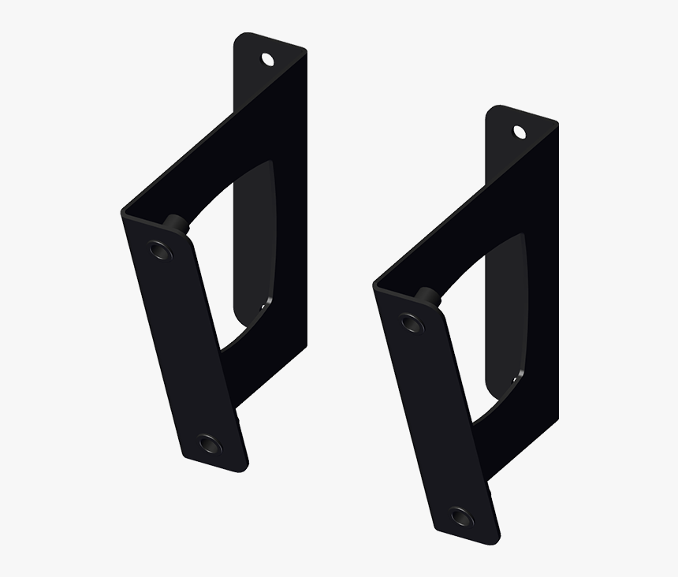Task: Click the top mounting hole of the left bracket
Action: tap(268, 58)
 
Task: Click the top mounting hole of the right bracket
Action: tap(520, 131)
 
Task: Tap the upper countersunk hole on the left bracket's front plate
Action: tap(160, 251)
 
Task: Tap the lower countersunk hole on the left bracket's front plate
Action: tap(210, 444)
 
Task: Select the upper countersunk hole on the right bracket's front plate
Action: tap(411, 322)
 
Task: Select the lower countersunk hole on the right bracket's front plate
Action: tap(460, 516)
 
